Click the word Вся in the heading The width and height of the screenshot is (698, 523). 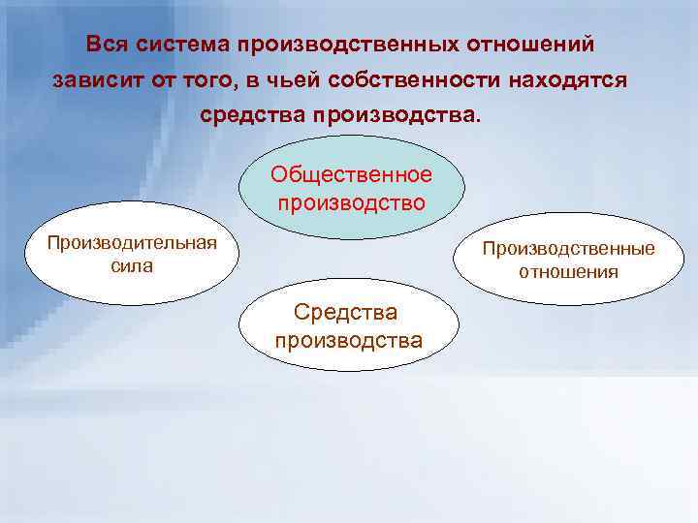click(x=104, y=45)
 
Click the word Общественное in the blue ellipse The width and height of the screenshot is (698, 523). click(x=351, y=174)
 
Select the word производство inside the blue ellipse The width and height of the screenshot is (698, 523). click(x=351, y=202)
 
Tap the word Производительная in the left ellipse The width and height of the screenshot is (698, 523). click(x=132, y=241)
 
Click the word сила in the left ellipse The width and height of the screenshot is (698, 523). click(x=132, y=265)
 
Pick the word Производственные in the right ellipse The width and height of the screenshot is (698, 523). click(x=569, y=249)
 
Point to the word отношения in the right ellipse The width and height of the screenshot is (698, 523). click(x=569, y=272)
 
